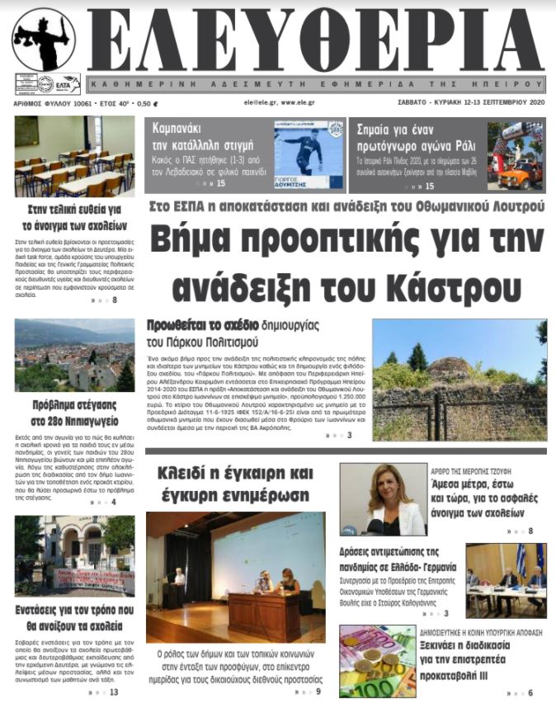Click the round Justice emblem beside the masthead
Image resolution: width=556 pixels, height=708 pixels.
(x=44, y=39)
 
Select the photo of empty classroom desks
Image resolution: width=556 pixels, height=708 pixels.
(x=74, y=156)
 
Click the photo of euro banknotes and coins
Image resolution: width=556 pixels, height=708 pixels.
(x=377, y=661)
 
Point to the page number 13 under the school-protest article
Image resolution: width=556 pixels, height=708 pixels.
(x=114, y=691)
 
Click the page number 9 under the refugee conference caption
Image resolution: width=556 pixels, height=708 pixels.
(x=318, y=691)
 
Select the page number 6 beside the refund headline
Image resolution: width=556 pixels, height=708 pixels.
(x=530, y=692)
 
